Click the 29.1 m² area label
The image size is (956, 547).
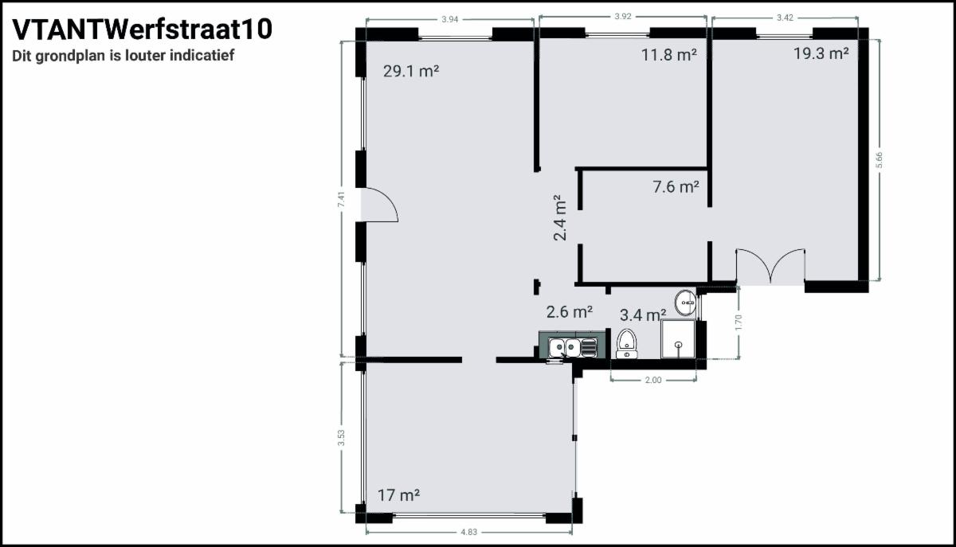pos(411,71)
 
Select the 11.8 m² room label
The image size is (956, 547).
pos(669,55)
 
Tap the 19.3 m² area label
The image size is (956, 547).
pos(821,53)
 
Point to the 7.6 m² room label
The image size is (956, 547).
pos(676,186)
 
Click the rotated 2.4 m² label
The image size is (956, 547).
pos(559,218)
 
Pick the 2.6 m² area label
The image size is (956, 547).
pos(570,312)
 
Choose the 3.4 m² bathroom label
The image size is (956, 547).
pos(643,315)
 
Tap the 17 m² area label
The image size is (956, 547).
pos(398,495)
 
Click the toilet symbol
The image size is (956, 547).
pos(626,344)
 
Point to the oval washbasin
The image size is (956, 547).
pos(686,303)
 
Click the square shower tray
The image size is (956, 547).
pos(678,339)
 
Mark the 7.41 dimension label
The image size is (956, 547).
pos(341,200)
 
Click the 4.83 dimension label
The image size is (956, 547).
pos(469,532)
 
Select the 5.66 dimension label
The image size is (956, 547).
pos(879,160)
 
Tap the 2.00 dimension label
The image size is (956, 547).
pos(653,380)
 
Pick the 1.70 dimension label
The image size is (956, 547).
pos(739,322)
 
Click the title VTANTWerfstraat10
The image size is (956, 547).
pos(142,29)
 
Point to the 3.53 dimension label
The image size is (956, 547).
pos(341,438)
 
